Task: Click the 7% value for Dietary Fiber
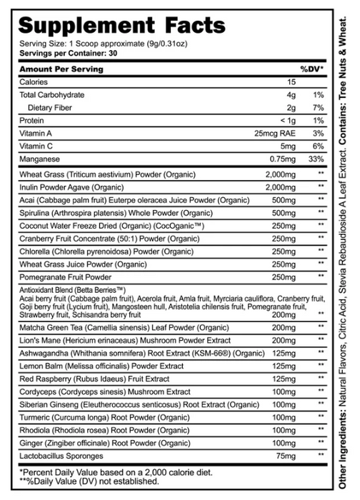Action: click(319, 108)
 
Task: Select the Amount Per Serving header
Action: click(61, 69)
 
